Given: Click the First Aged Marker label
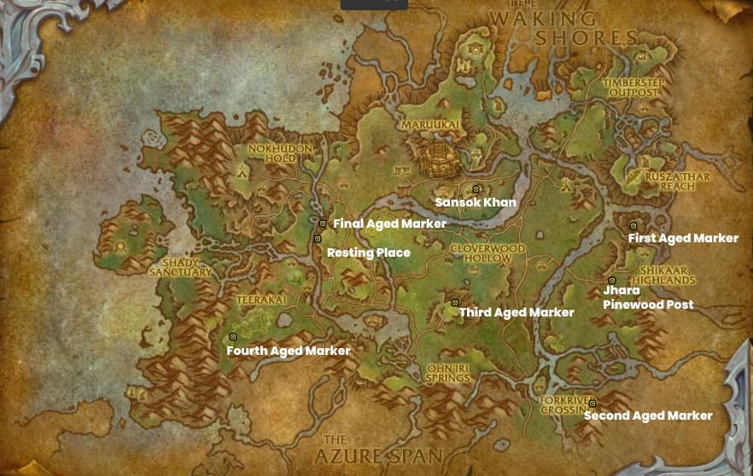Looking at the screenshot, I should click(683, 238).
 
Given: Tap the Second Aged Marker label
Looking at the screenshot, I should click(648, 415).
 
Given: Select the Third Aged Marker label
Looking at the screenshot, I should click(517, 312).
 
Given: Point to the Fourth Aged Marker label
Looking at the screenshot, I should click(288, 351).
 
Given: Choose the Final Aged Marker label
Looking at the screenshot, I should click(389, 223).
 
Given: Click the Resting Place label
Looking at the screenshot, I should click(369, 253).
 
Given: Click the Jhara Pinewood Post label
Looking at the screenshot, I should click(647, 298).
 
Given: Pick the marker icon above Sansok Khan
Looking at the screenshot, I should click(476, 189).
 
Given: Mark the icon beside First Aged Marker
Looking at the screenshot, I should click(633, 225).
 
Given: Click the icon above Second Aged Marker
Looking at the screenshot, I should click(592, 403).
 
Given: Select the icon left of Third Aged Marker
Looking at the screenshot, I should click(454, 303).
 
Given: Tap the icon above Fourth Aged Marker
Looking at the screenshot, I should click(233, 337).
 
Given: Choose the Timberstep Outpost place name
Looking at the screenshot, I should click(633, 86).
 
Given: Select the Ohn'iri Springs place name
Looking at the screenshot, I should click(447, 373).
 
